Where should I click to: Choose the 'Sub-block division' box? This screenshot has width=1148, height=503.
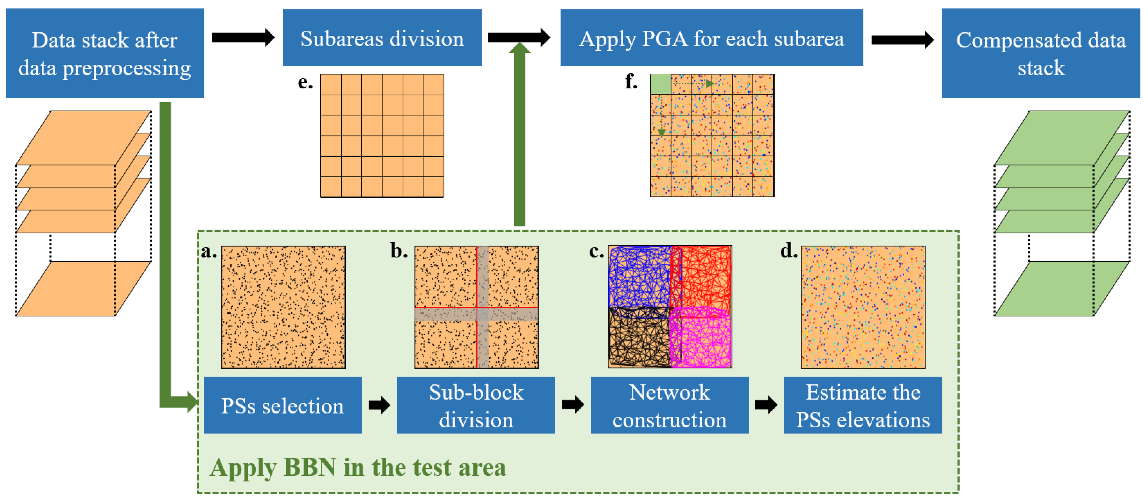(x=476, y=405)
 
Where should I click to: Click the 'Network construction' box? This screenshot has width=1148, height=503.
(x=669, y=405)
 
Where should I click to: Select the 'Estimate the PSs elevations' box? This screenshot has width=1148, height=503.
(x=863, y=405)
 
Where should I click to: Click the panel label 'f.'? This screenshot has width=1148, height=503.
(x=631, y=81)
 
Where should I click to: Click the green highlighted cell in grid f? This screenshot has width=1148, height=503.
(x=660, y=84)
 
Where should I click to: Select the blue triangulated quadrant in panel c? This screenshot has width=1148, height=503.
(x=639, y=276)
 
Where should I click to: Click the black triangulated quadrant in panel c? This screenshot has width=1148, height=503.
(x=639, y=338)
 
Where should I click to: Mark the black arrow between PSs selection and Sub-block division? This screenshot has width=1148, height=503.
(x=379, y=405)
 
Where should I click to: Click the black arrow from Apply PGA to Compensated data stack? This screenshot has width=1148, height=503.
(x=902, y=40)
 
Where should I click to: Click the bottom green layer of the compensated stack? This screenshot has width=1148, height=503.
(x=1062, y=289)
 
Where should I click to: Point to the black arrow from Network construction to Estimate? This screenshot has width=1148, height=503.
(x=766, y=405)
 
